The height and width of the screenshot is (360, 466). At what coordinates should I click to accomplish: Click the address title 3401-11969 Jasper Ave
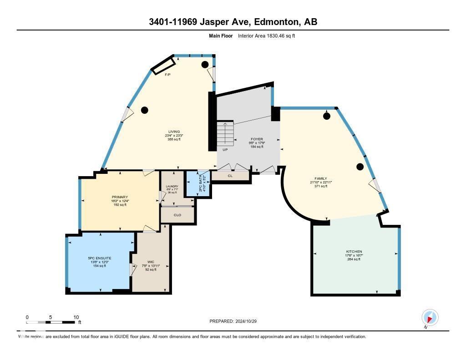[x=233, y=22]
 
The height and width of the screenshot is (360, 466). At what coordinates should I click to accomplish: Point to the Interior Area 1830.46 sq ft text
[x=266, y=35]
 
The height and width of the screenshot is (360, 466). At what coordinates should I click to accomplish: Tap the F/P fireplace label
[x=167, y=74]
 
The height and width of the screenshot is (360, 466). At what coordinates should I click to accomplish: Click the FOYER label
[x=257, y=139]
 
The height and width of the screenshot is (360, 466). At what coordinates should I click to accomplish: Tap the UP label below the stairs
[x=225, y=150]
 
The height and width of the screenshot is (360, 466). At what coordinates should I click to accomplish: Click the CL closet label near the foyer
[x=230, y=175]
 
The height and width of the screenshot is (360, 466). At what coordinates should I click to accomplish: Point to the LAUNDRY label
[x=172, y=186]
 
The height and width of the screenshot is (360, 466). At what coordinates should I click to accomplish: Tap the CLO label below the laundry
[x=177, y=214]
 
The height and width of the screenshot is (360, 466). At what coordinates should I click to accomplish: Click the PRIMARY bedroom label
[x=120, y=197]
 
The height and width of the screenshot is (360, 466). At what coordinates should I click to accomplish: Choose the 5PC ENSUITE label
[x=100, y=258]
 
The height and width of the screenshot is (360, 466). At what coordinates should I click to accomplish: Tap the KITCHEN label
[x=354, y=252]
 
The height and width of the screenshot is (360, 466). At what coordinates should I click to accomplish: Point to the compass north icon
[x=430, y=317]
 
